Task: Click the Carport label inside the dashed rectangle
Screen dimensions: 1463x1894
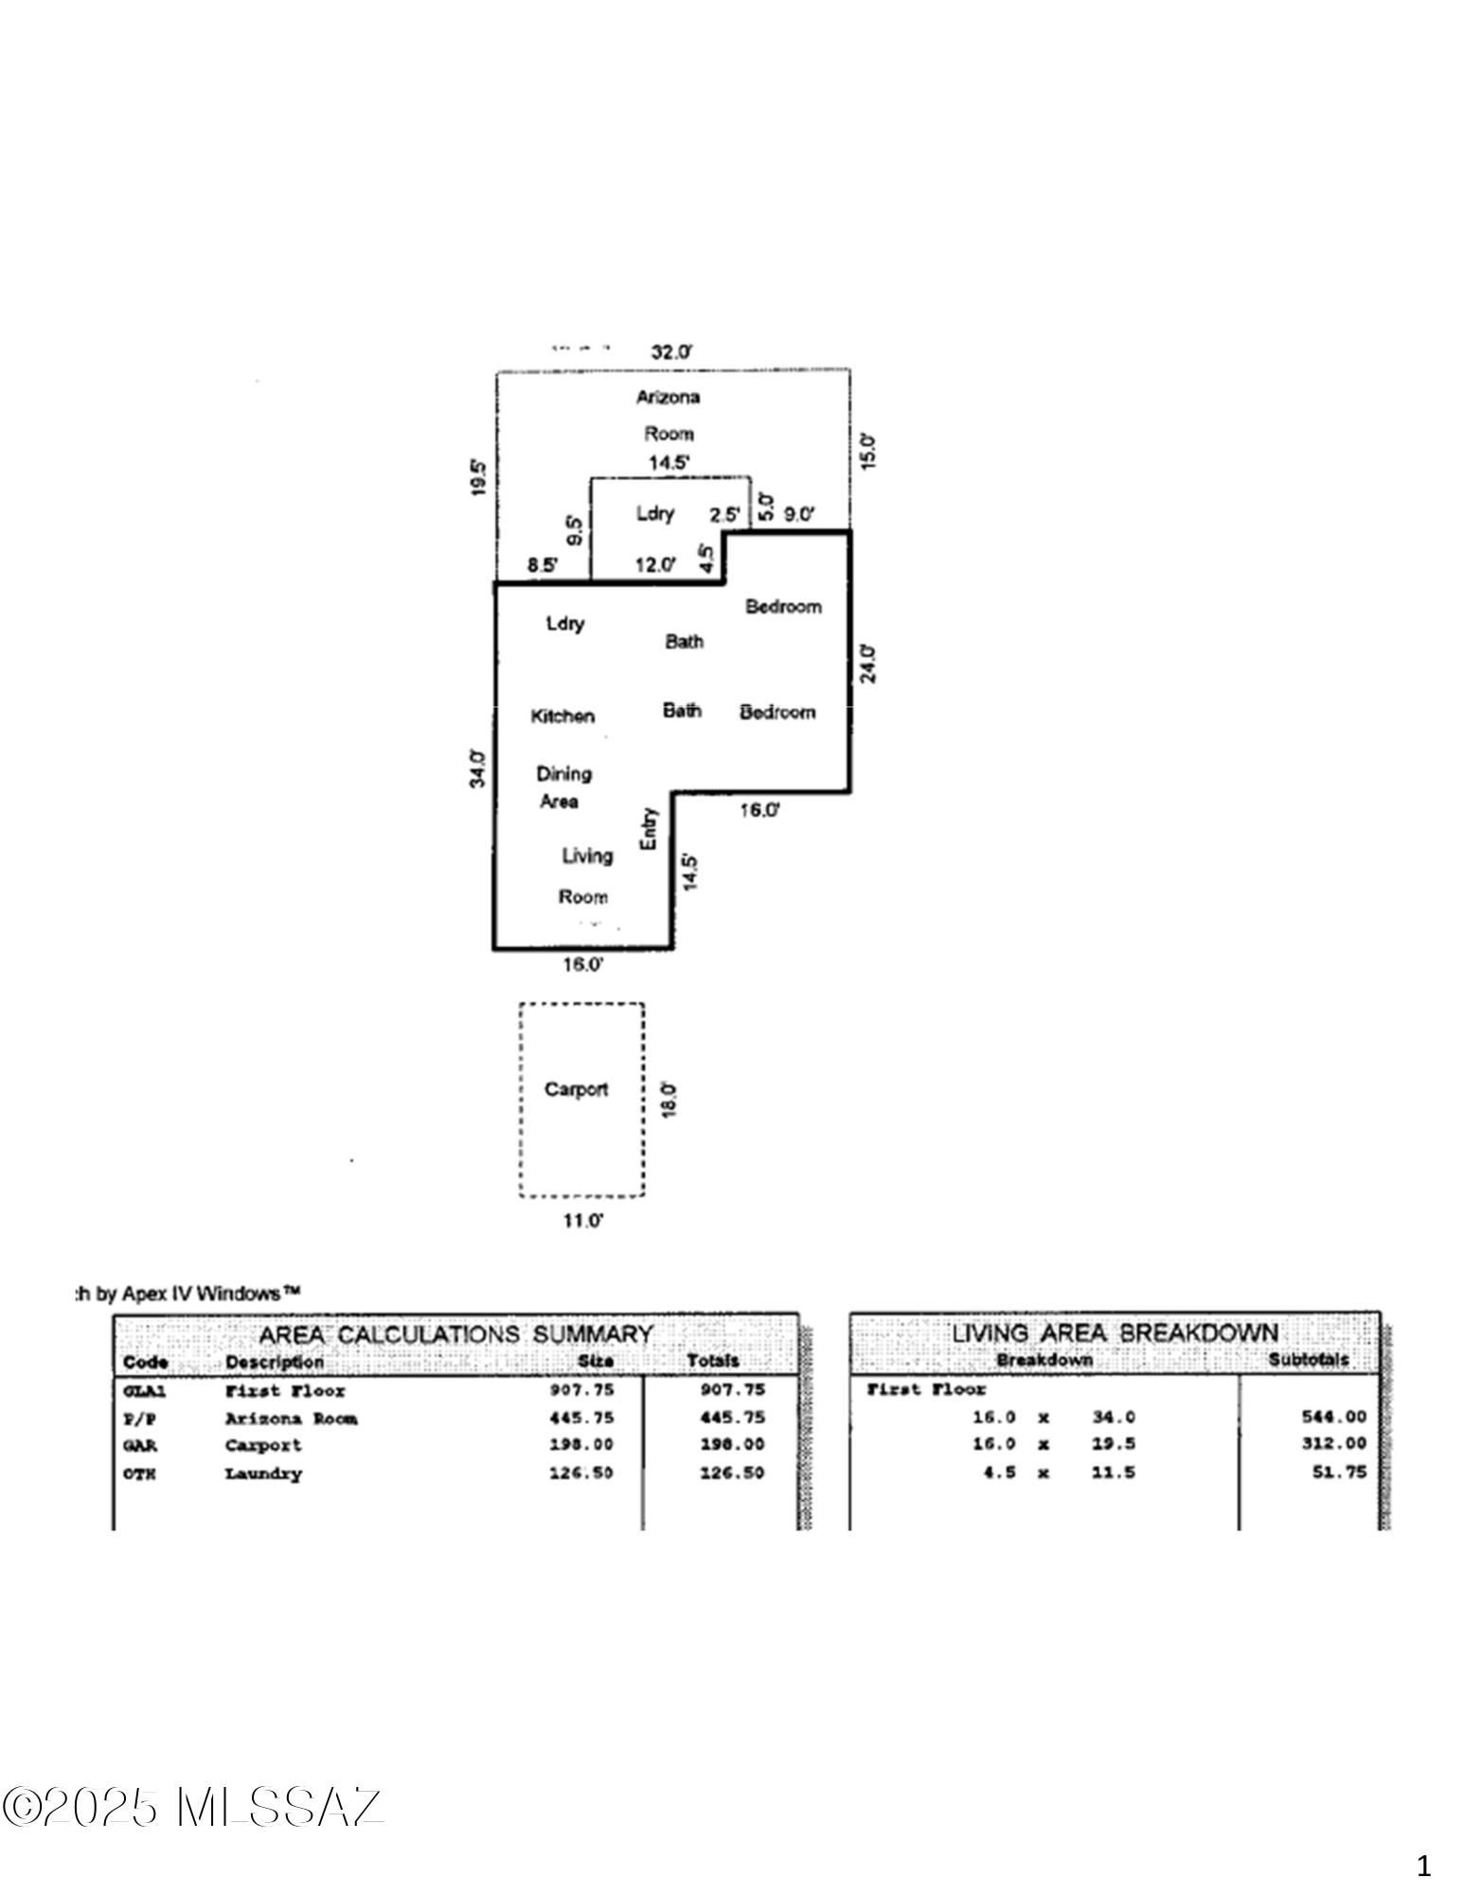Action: tap(576, 1089)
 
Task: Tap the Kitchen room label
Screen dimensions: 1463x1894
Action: tap(562, 716)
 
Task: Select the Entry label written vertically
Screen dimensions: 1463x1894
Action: tap(649, 828)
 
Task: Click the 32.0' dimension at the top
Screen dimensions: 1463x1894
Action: tap(671, 351)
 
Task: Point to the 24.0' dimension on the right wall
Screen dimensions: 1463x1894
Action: tap(869, 663)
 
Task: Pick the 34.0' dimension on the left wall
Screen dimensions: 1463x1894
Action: tap(479, 768)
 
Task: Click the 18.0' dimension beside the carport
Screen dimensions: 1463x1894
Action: tap(669, 1099)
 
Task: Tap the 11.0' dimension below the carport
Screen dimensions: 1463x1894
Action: tap(583, 1221)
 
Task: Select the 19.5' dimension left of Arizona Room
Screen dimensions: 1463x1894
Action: tap(479, 477)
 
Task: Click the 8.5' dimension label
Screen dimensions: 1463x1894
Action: tap(543, 565)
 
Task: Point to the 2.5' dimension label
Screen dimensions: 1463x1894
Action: tap(725, 514)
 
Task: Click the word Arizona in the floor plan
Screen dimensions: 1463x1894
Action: tap(669, 397)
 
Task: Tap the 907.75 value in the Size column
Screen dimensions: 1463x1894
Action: tap(581, 1389)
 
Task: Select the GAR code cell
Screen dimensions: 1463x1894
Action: tap(140, 1445)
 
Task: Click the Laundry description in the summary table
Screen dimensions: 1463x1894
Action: tap(263, 1474)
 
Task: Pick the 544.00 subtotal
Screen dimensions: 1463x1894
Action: tap(1335, 1417)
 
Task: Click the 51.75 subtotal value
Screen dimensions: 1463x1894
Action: tap(1340, 1473)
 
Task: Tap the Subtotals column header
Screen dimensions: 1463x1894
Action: tap(1309, 1360)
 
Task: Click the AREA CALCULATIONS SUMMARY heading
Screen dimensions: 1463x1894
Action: tap(456, 1334)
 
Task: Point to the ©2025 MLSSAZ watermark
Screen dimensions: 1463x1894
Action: tap(193, 1807)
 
